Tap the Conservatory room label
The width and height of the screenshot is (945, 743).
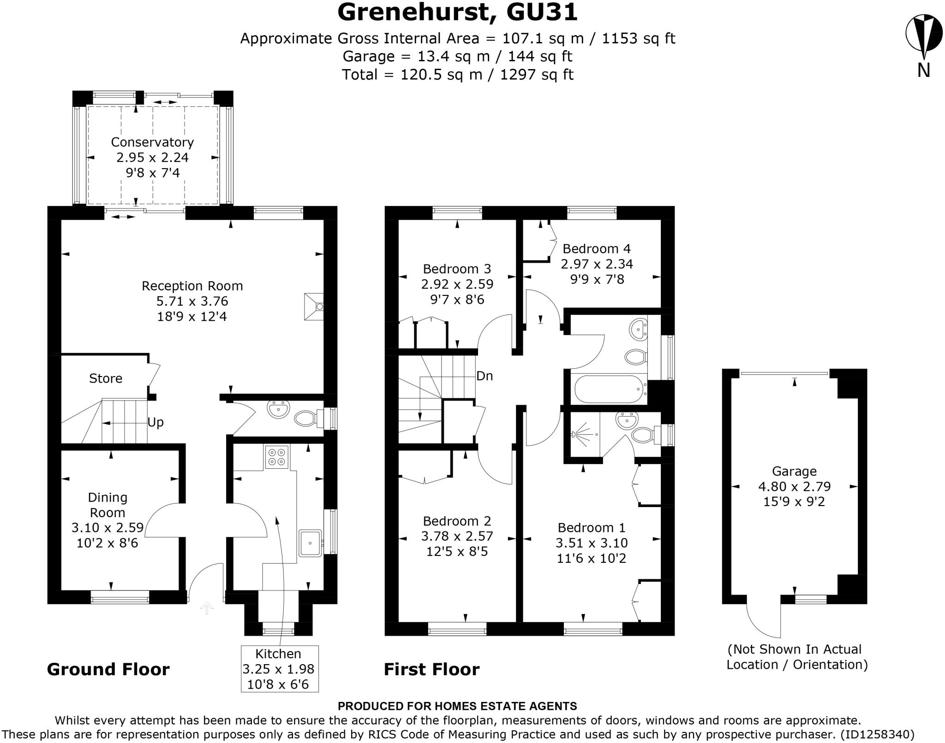[152, 142]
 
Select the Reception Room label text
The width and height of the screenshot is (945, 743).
[192, 286]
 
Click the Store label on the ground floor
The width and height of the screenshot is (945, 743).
[106, 378]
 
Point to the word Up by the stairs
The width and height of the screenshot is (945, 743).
[156, 423]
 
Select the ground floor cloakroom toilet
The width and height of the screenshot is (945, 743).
[305, 419]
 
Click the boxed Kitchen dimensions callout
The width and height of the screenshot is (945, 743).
[280, 669]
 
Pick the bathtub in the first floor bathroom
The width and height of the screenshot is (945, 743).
[609, 389]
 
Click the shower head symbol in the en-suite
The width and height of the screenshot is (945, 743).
[574, 434]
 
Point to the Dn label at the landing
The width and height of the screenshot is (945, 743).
[484, 376]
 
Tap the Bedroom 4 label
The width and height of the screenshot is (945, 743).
[596, 249]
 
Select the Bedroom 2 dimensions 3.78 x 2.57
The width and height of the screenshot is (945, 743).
[457, 536]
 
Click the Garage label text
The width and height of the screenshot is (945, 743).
[794, 471]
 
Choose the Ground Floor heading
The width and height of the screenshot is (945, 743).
[108, 669]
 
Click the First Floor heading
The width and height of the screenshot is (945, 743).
[431, 669]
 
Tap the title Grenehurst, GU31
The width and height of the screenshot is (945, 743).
[457, 12]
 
